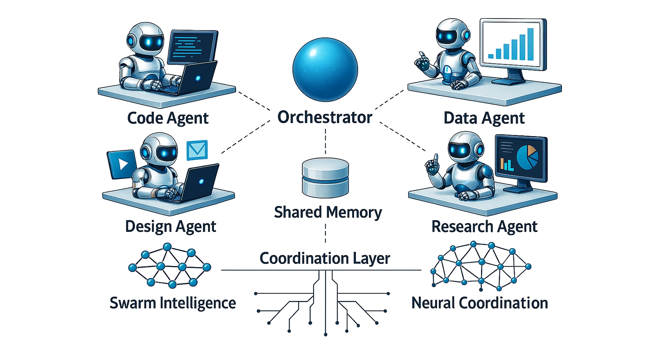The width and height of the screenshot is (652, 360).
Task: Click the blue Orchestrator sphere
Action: click(x=325, y=70)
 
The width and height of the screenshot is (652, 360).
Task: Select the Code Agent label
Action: click(x=167, y=118)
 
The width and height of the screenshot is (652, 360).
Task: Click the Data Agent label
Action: click(x=484, y=118)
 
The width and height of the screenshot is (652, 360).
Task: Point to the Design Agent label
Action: click(x=170, y=227)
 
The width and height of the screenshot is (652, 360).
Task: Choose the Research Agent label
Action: click(x=484, y=227)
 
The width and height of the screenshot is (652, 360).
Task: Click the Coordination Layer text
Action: click(x=325, y=258)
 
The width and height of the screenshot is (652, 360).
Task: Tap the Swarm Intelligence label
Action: click(x=172, y=303)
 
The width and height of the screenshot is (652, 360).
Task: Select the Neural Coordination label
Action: click(x=480, y=303)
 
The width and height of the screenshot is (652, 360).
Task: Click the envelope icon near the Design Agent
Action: click(x=197, y=150)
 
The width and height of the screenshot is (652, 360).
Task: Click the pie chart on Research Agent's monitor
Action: click(x=528, y=157)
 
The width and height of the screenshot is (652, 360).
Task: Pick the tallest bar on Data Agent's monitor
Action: click(x=530, y=44)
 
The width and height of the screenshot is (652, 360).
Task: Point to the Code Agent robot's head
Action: click(x=146, y=37)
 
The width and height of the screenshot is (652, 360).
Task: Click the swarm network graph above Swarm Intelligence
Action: click(x=169, y=265)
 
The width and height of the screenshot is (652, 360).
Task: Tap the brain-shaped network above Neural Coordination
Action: click(x=481, y=265)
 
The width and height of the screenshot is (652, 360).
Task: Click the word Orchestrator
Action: click(x=325, y=117)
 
